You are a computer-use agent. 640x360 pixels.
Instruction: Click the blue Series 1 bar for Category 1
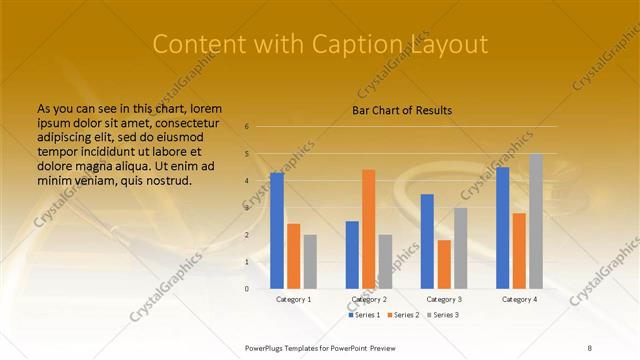tap(276, 231)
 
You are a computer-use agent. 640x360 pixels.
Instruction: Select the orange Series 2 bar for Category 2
tap(368, 229)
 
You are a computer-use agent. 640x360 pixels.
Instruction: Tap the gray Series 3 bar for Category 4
tap(536, 221)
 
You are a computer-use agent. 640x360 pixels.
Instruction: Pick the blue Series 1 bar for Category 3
tap(427, 241)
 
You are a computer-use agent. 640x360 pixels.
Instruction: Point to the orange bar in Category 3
tap(444, 264)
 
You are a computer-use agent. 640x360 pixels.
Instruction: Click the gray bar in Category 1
tap(310, 261)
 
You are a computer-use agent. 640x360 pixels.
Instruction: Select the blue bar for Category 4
tap(502, 228)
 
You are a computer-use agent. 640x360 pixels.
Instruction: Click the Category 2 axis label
tap(369, 299)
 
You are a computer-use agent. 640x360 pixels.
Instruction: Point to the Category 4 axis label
tap(519, 299)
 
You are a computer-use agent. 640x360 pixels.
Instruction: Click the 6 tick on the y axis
tap(246, 127)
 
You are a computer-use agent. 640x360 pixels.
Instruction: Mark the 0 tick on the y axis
tap(246, 288)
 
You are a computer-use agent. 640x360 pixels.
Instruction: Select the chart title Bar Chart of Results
tap(402, 110)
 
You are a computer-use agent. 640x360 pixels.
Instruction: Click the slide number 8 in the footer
tap(590, 347)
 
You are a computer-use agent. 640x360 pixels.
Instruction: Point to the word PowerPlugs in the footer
tap(267, 347)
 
